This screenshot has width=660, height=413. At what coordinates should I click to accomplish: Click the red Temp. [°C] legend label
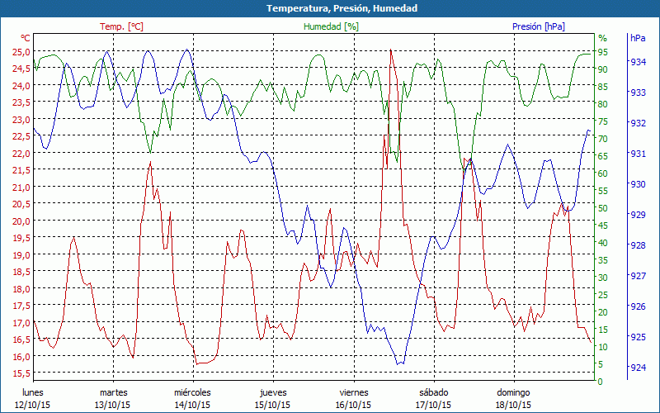[121, 26]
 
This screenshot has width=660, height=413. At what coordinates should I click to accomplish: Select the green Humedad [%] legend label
[332, 26]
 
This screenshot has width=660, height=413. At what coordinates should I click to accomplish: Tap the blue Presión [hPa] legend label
[539, 26]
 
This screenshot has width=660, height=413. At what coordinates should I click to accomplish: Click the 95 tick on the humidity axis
[603, 52]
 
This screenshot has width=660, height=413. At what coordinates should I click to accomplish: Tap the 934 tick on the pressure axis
[638, 62]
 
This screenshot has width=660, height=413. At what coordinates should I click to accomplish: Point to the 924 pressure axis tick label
[638, 368]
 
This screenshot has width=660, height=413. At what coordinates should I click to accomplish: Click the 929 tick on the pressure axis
[638, 215]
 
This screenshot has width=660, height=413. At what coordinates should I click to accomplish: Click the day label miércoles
[193, 392]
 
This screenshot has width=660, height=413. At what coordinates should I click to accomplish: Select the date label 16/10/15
[353, 405]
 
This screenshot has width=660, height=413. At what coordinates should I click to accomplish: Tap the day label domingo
[513, 392]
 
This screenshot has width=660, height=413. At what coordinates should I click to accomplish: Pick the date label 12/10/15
[32, 405]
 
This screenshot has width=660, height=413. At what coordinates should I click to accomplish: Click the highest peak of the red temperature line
[390, 50]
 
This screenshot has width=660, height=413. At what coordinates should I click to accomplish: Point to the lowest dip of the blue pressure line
[398, 364]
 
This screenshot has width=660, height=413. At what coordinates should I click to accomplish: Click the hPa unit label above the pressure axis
[638, 38]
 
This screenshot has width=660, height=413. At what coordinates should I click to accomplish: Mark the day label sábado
[433, 392]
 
